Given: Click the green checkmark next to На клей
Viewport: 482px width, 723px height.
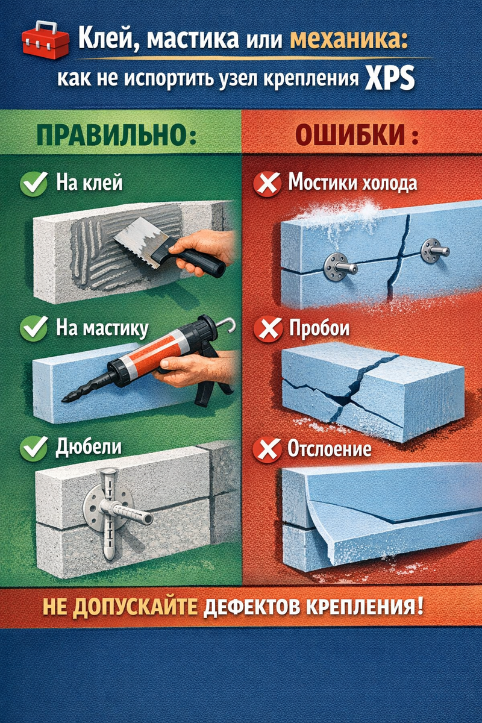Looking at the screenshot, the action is click(34, 183).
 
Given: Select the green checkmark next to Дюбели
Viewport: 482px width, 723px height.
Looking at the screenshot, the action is click(34, 448).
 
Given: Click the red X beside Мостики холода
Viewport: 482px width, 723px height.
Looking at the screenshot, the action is click(267, 184).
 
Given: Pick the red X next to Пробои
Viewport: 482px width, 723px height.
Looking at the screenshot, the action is click(268, 329).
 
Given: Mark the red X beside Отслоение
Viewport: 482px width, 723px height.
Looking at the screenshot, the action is click(267, 449).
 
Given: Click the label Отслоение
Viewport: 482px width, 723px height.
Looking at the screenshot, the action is click(330, 449).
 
